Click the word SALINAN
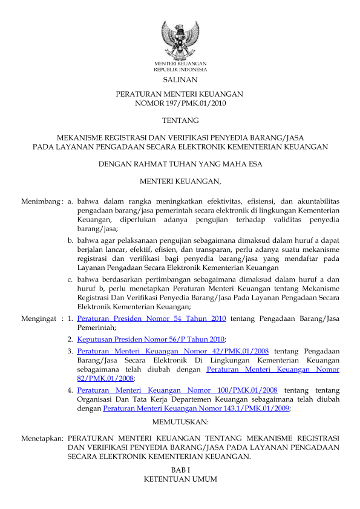click(x=180, y=79)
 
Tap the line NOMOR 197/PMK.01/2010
click(x=180, y=103)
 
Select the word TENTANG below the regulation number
click(x=180, y=120)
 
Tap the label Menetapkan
click(x=42, y=437)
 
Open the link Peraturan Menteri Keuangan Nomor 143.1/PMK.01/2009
click(x=197, y=409)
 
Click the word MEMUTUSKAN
click(x=180, y=421)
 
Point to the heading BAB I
click(x=180, y=469)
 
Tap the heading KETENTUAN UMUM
click(x=180, y=479)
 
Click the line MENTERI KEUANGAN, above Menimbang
click(x=180, y=181)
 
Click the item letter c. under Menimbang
click(x=71, y=280)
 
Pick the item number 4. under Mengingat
click(x=71, y=390)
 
